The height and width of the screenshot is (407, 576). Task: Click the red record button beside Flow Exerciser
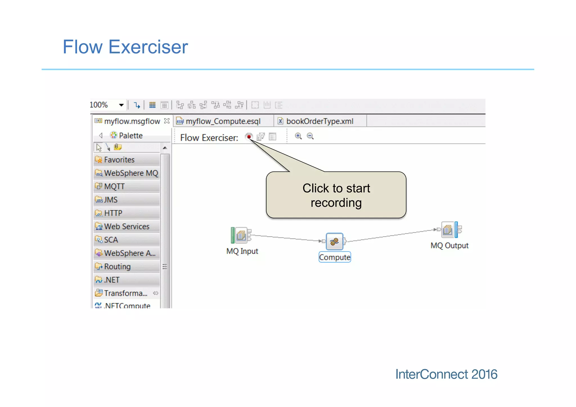[249, 137]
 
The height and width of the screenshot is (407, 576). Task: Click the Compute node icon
[334, 241]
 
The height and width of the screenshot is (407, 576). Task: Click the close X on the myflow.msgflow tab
[167, 121]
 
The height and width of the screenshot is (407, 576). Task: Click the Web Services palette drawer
[127, 226]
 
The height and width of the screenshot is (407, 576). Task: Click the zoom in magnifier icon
[298, 136]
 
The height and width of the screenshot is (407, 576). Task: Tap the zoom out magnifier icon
[310, 136]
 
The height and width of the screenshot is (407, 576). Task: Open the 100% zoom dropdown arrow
[121, 105]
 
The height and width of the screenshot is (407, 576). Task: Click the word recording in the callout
[336, 203]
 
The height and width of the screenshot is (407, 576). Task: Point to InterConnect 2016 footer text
[446, 374]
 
